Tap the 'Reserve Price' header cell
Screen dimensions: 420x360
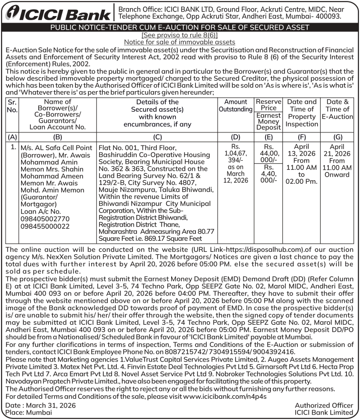point(268,105)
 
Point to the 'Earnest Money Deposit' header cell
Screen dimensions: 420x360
point(268,121)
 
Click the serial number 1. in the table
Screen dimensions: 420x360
point(12,147)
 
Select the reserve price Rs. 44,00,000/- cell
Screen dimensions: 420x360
point(268,153)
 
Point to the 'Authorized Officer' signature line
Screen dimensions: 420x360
point(324,405)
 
